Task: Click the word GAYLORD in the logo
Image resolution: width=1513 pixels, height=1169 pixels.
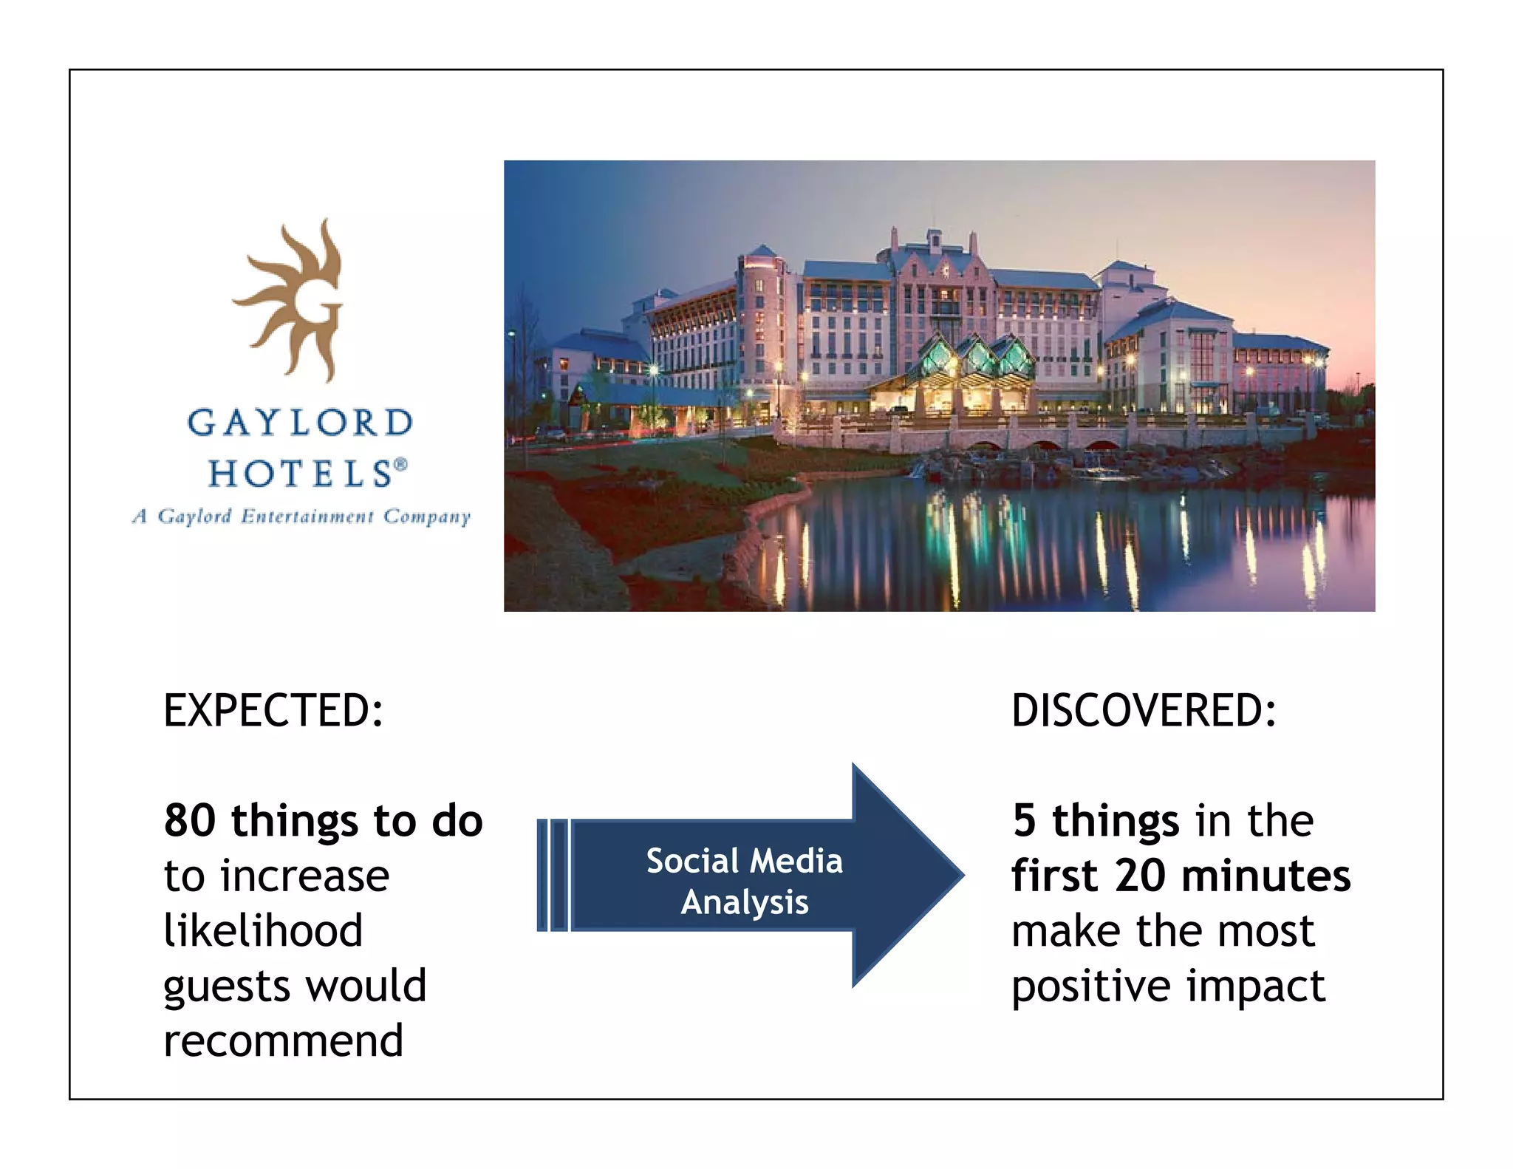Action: point(299,423)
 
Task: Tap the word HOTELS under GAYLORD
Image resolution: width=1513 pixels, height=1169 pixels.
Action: point(299,473)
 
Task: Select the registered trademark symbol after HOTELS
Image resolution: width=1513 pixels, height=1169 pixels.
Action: point(400,464)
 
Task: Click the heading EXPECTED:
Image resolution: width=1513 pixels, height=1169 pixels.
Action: point(273,711)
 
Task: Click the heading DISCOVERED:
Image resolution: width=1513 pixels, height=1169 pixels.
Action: point(1143,711)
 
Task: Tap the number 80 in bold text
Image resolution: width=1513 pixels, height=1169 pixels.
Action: point(190,821)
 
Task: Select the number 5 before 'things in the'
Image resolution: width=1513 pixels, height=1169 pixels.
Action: point(1024,821)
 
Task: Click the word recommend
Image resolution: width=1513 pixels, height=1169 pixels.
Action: point(283,1041)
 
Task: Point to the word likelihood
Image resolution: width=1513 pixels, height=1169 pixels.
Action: point(263,930)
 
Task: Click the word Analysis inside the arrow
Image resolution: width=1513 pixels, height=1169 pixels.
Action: point(745,903)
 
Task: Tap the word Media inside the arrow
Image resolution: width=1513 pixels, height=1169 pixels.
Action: point(796,862)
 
